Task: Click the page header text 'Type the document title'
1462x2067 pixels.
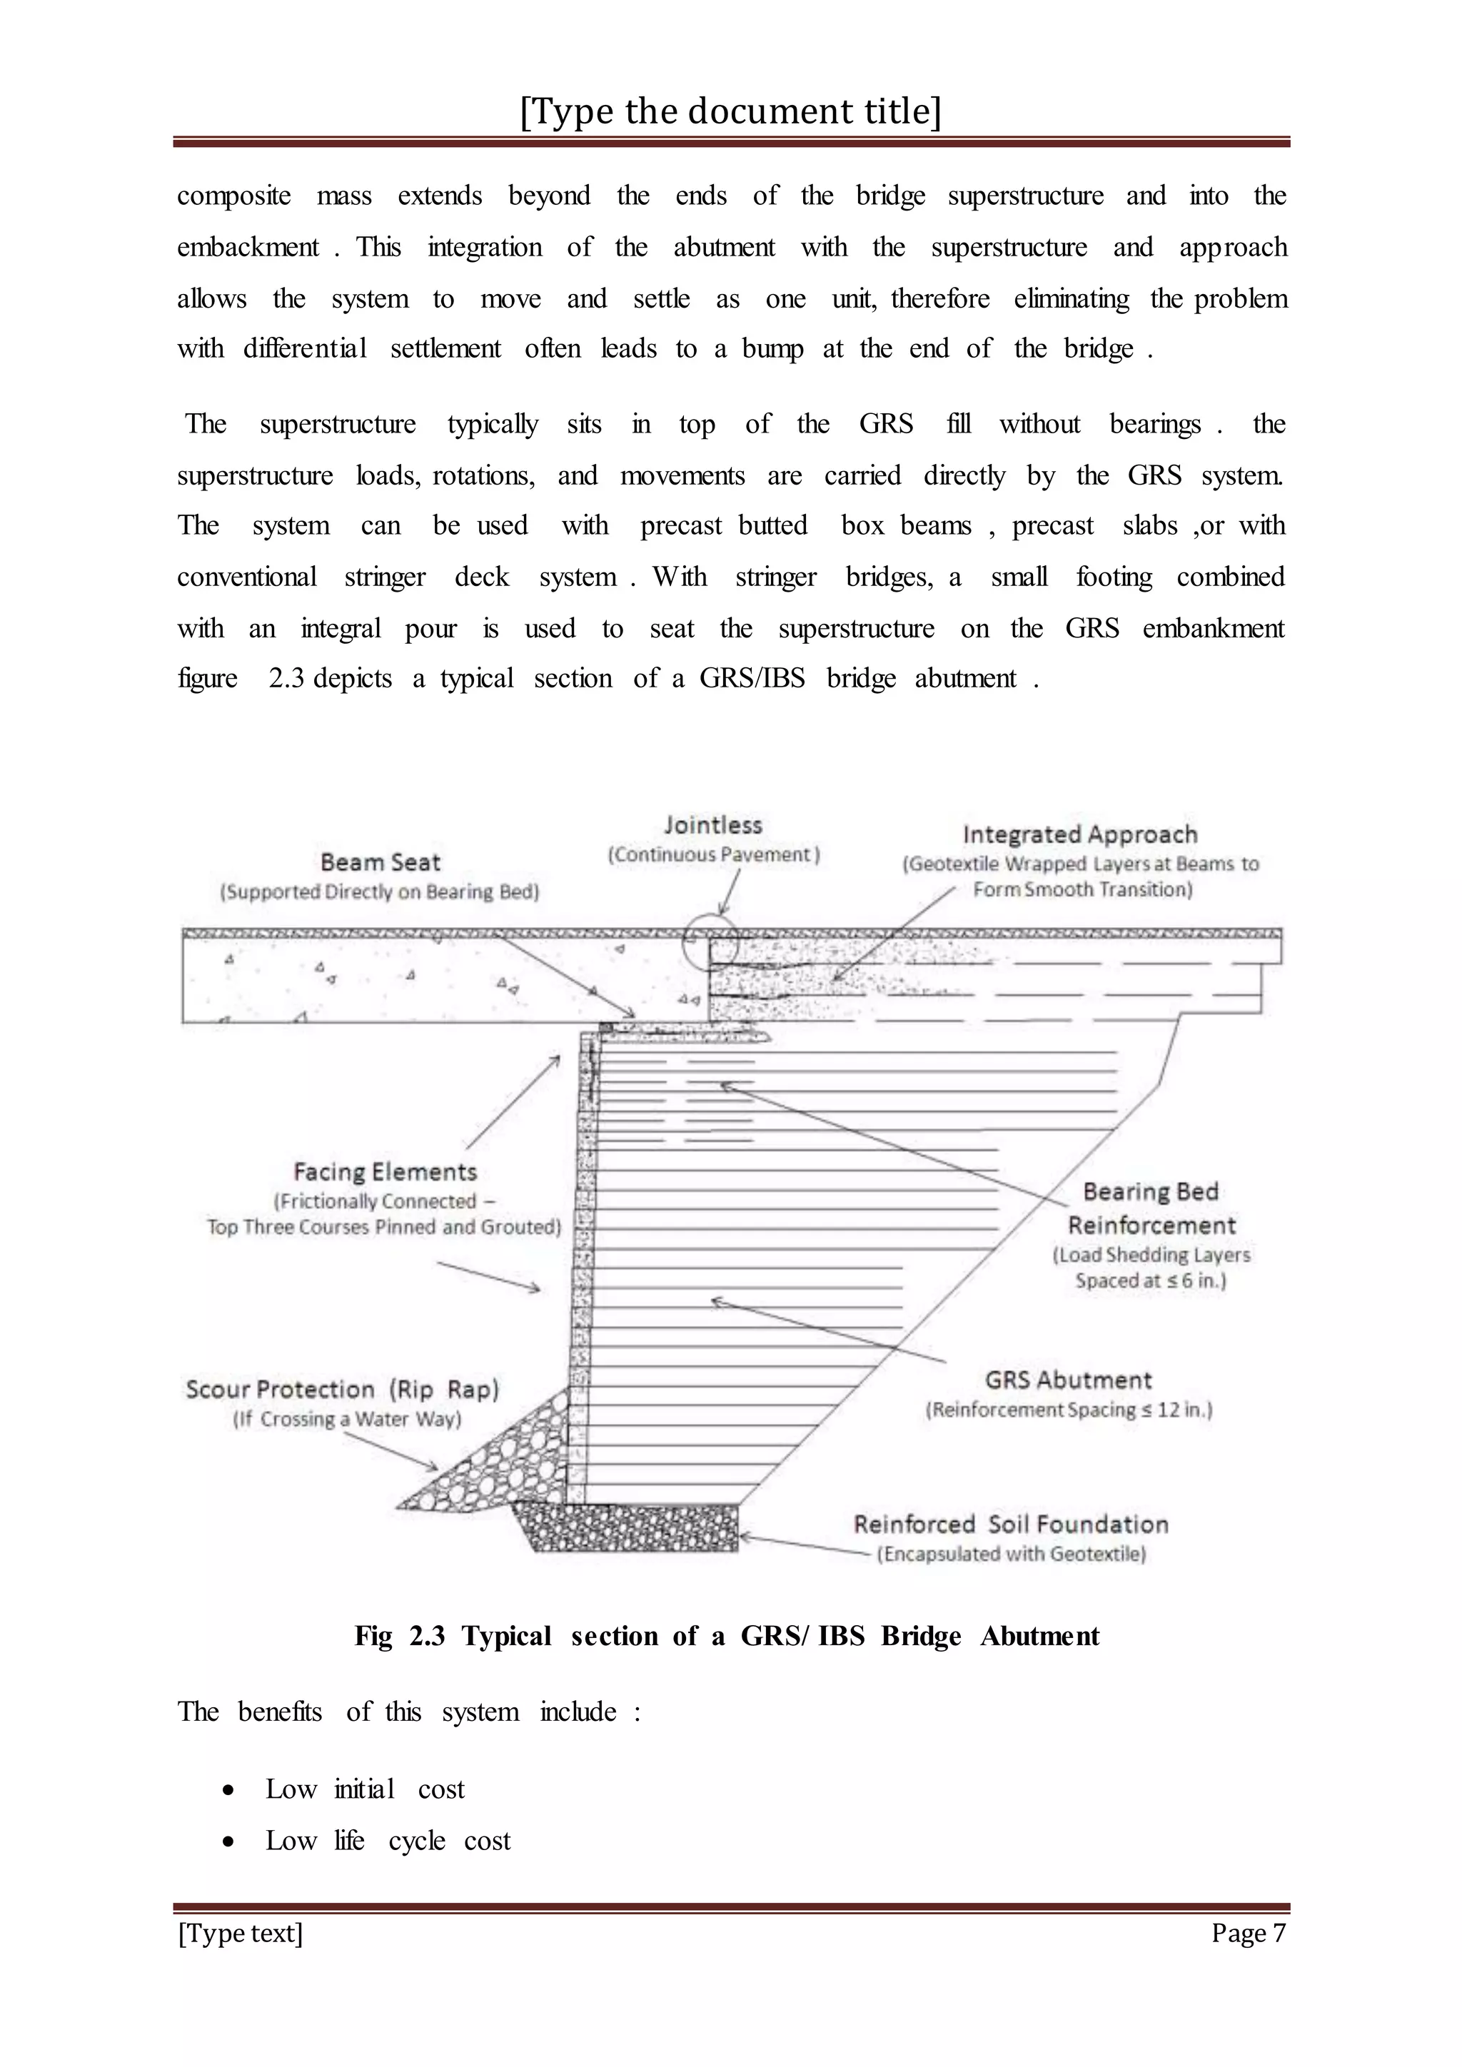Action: click(x=730, y=111)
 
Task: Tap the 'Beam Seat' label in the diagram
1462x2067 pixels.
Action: click(x=380, y=862)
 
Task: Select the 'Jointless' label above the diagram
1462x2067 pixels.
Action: click(x=713, y=824)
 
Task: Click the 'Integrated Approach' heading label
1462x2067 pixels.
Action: click(x=1079, y=834)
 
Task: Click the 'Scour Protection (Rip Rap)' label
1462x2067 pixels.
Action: click(x=342, y=1389)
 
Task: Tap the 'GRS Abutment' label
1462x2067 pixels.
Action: click(x=1068, y=1380)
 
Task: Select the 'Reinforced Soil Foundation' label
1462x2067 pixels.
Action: click(x=1010, y=1524)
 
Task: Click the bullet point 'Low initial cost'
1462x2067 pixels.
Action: click(x=365, y=1789)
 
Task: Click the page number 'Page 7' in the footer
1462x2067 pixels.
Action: click(x=1248, y=1932)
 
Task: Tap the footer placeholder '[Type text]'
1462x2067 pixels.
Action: click(x=241, y=1932)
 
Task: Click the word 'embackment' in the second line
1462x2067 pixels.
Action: click(x=248, y=248)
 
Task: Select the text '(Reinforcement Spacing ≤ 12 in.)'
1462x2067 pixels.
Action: click(x=1069, y=1410)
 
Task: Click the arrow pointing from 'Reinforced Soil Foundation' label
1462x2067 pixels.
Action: click(x=801, y=1545)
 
